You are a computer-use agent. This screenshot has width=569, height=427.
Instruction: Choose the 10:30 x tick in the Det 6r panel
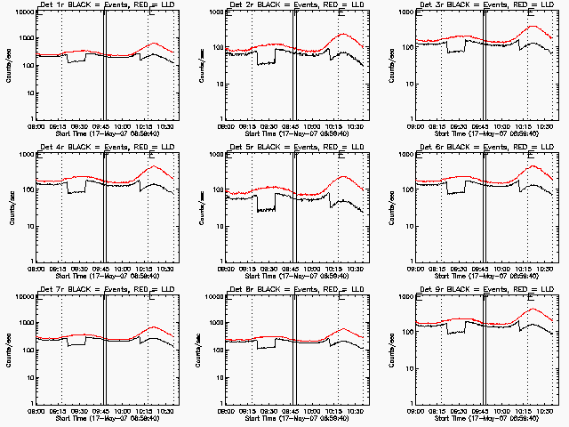[x=546, y=268]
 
